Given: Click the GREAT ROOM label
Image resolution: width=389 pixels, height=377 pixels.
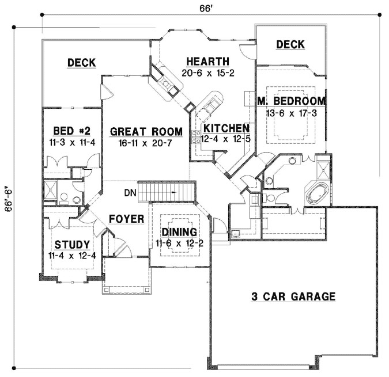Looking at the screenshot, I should tap(146, 131).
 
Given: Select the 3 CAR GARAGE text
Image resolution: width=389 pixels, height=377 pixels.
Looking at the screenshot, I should tap(293, 297).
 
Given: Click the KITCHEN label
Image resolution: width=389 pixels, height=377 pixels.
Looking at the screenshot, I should tap(225, 128).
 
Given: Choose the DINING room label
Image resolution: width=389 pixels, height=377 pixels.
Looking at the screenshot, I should tap(179, 232).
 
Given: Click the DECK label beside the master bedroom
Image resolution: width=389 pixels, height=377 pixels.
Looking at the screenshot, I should tap(290, 45).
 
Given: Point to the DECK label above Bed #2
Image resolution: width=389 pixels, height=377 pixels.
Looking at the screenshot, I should tap(81, 62).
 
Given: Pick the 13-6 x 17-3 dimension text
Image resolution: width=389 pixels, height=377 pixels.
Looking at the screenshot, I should tap(291, 113).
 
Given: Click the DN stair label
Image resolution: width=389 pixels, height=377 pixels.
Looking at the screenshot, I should tap(130, 193).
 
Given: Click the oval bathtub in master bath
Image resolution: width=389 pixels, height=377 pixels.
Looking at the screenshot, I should tap(318, 193).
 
